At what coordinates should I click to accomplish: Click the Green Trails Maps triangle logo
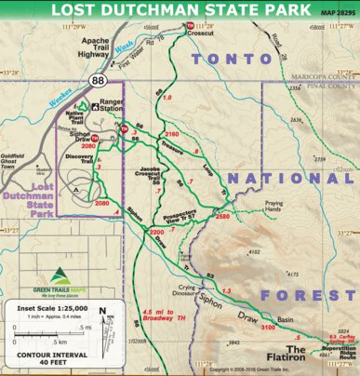[60, 275]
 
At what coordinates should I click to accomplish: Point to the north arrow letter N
[102, 313]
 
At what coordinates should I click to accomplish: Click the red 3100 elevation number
[267, 328]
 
